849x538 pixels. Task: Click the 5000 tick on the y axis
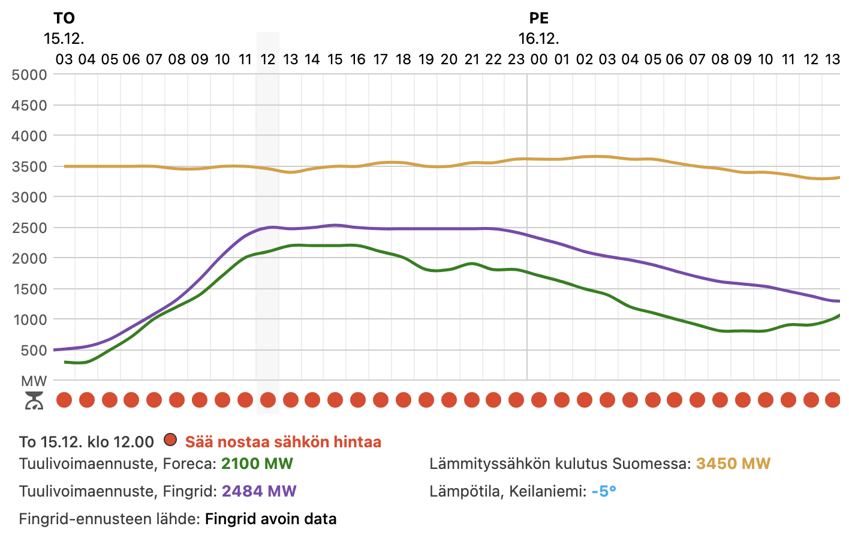pyautogui.click(x=29, y=75)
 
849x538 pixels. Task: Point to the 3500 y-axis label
pyautogui.click(x=29, y=167)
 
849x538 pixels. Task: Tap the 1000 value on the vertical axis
pyautogui.click(x=29, y=320)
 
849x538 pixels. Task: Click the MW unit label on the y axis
pyautogui.click(x=34, y=381)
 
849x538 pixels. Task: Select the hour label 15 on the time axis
pyautogui.click(x=335, y=59)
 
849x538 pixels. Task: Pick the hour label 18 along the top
pyautogui.click(x=404, y=59)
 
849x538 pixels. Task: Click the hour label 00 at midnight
pyautogui.click(x=539, y=59)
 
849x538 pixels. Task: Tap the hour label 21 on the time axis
pyautogui.click(x=472, y=59)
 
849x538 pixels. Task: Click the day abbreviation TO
pyautogui.click(x=64, y=19)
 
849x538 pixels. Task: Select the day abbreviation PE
pyautogui.click(x=539, y=19)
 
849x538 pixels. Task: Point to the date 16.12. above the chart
pyautogui.click(x=539, y=39)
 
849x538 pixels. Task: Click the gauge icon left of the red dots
pyautogui.click(x=34, y=400)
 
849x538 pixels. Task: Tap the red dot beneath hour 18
pyautogui.click(x=404, y=400)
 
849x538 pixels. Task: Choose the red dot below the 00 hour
pyautogui.click(x=539, y=400)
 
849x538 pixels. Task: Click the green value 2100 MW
pyautogui.click(x=257, y=464)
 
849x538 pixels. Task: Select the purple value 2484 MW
pyautogui.click(x=259, y=491)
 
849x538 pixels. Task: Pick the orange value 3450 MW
pyautogui.click(x=733, y=464)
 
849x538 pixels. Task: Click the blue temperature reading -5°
pyautogui.click(x=603, y=491)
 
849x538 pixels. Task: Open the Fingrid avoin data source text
pyautogui.click(x=270, y=519)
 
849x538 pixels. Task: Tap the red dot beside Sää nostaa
pyautogui.click(x=170, y=440)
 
